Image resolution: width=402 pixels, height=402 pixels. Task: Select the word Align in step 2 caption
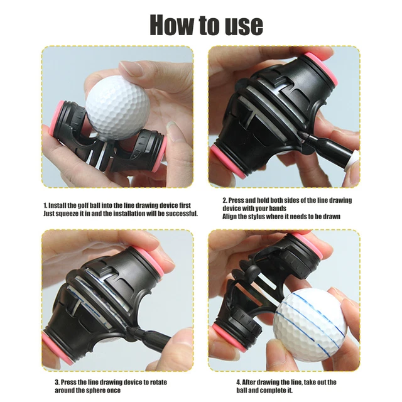(231, 216)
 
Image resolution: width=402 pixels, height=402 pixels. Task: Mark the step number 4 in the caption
(239, 381)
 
